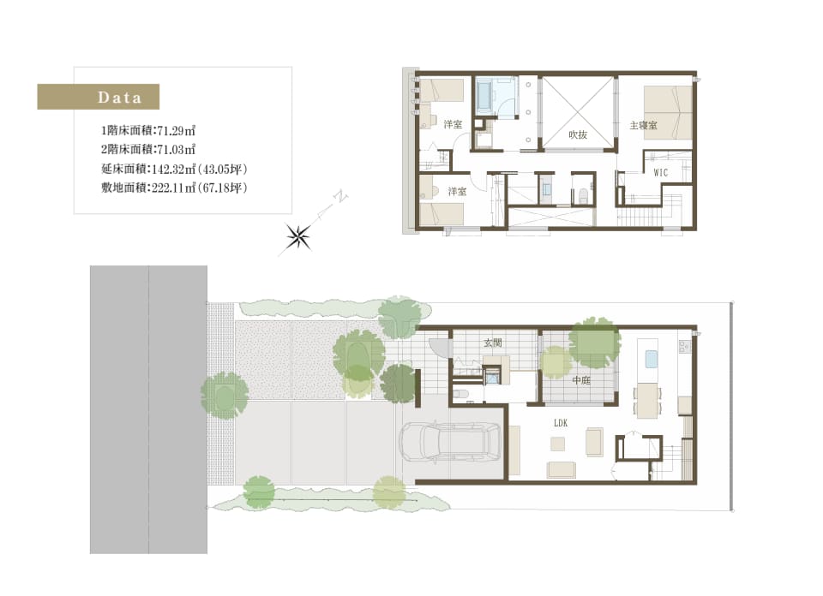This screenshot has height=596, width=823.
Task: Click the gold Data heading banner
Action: (x=98, y=97)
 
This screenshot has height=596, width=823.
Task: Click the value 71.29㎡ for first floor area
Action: (x=177, y=131)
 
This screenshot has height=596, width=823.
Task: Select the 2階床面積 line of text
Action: (x=148, y=150)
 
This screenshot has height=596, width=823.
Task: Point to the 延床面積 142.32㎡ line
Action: (x=174, y=169)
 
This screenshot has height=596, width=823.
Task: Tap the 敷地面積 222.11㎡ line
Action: (x=174, y=188)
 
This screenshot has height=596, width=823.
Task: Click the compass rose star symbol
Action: (x=298, y=237)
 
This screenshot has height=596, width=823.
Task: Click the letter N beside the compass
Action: (x=342, y=198)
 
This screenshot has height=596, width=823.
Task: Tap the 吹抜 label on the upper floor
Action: (x=577, y=134)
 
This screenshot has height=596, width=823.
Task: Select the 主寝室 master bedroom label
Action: (x=643, y=125)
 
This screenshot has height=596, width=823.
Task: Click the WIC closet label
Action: (x=660, y=172)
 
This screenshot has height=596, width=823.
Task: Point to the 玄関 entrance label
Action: (x=493, y=343)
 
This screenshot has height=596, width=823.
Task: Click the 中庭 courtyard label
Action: (x=581, y=380)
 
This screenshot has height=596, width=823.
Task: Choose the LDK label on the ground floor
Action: (x=561, y=422)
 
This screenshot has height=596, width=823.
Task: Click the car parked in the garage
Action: (x=451, y=442)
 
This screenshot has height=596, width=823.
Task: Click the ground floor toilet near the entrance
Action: (x=460, y=394)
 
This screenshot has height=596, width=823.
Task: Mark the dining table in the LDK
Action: (x=648, y=401)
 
